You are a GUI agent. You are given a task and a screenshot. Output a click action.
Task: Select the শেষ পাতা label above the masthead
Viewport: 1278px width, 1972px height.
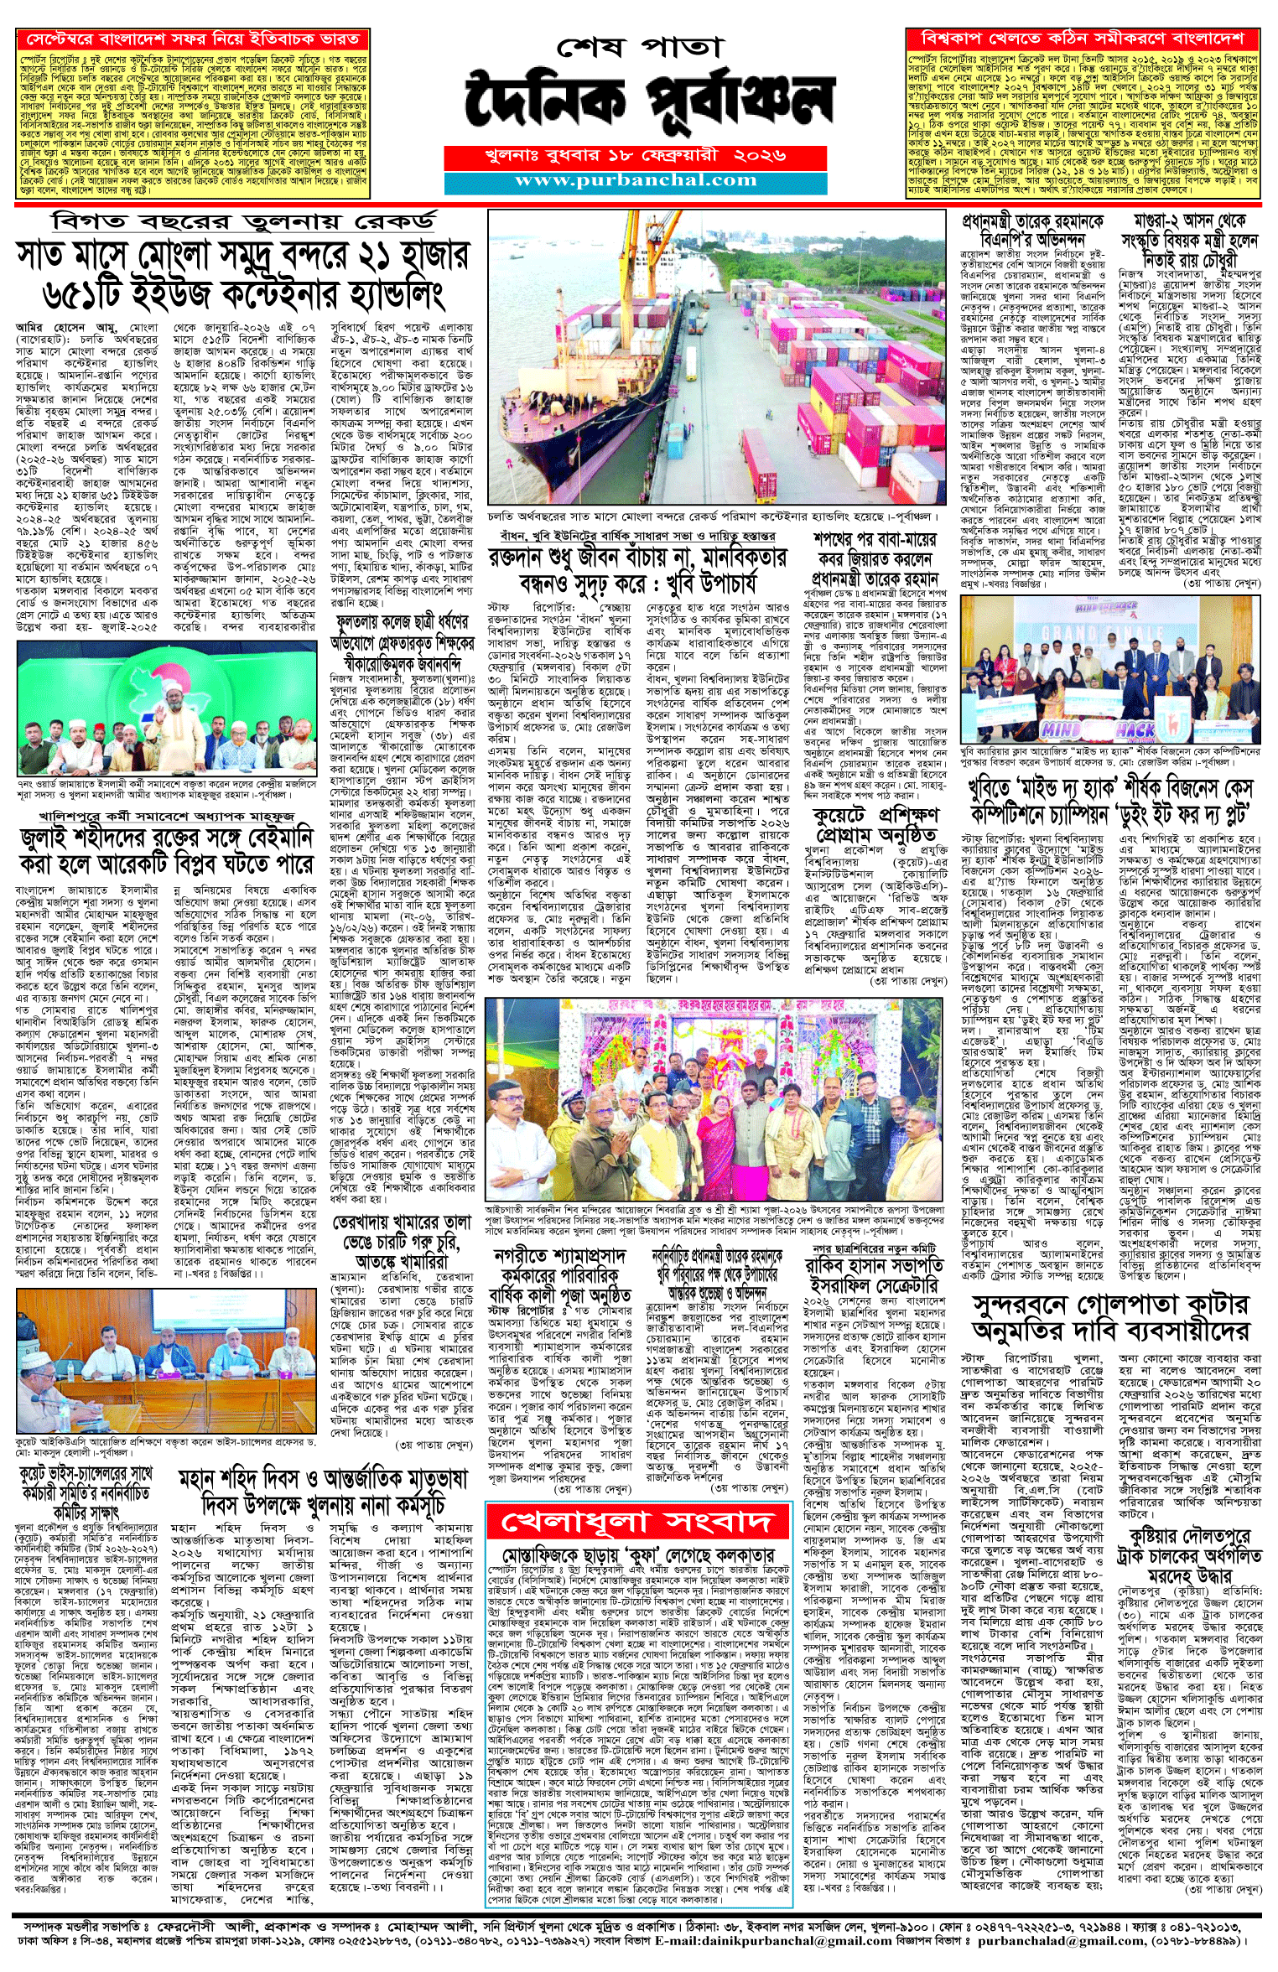tap(638, 47)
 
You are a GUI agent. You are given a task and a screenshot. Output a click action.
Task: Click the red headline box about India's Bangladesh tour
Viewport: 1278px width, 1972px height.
tap(193, 39)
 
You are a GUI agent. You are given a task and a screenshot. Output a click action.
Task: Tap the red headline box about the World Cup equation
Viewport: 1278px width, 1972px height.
tap(1083, 39)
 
